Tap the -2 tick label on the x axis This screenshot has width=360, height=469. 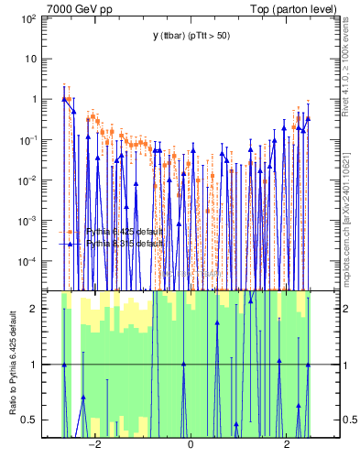tap(93, 445)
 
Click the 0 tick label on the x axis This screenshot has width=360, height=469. tap(190, 445)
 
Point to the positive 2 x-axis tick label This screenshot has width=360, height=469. tap(286, 445)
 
